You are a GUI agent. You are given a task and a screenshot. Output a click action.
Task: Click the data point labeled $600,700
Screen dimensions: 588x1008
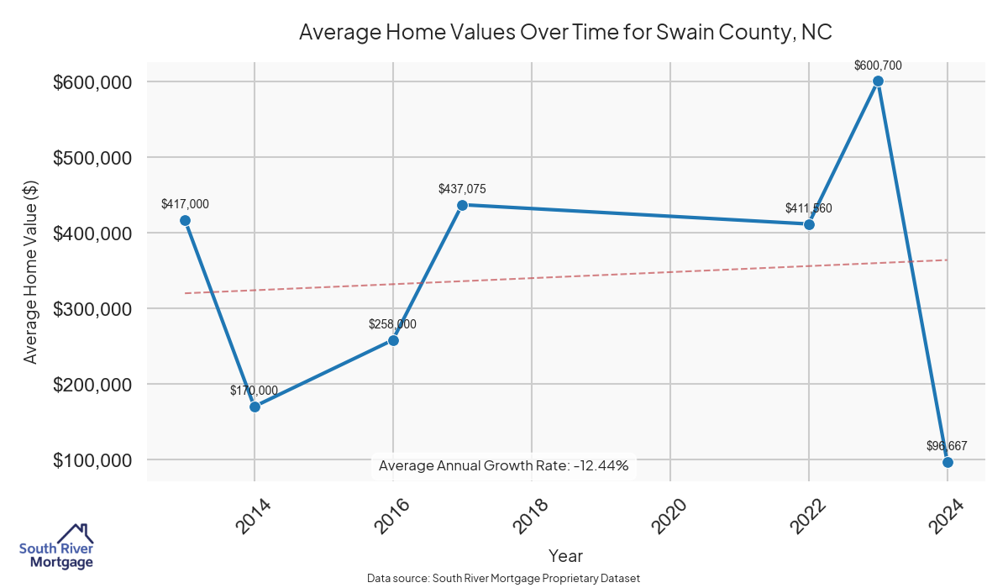(878, 81)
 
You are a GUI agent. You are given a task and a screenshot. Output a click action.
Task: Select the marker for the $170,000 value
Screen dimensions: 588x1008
(255, 407)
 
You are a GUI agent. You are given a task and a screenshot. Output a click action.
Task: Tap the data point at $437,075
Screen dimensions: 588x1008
(462, 205)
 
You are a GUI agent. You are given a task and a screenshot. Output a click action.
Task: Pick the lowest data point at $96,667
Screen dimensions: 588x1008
(948, 462)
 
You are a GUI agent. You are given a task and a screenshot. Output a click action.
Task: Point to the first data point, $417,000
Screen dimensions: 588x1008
(185, 220)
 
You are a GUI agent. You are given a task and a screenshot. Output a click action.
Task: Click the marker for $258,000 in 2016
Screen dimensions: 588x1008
(393, 340)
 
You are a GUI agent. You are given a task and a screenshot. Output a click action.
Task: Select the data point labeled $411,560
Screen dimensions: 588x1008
(809, 224)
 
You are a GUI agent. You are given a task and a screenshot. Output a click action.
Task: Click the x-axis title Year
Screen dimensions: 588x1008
(565, 556)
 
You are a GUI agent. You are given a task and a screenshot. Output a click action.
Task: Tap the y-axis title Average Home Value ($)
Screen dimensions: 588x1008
(31, 271)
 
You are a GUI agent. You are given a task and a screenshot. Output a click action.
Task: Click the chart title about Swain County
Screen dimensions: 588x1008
(565, 34)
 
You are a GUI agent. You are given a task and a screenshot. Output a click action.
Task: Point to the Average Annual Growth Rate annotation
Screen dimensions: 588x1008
(503, 465)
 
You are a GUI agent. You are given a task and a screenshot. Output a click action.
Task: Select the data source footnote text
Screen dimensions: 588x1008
(503, 579)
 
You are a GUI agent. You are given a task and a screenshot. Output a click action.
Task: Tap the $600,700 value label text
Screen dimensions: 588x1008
(878, 65)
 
